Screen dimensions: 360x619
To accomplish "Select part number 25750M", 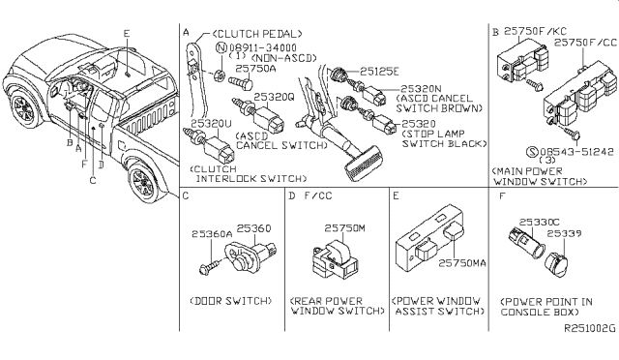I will click(x=343, y=228).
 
